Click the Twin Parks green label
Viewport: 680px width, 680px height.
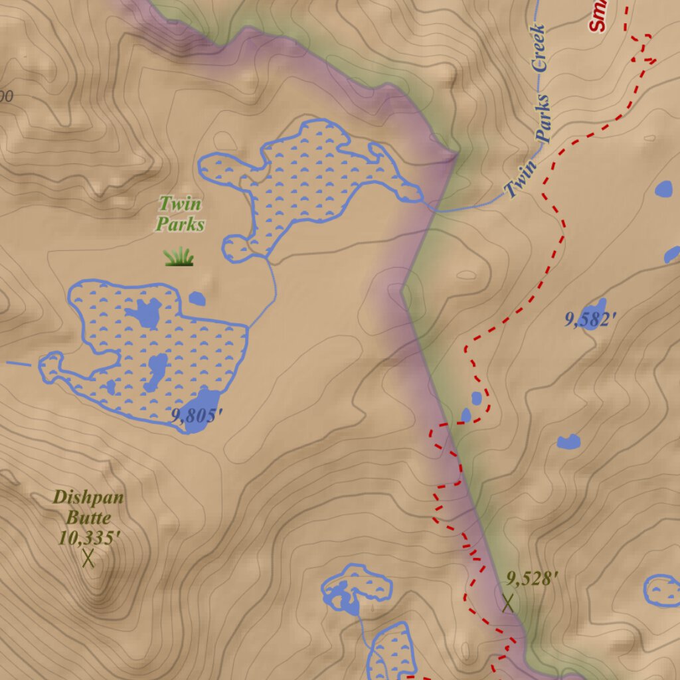point(179,214)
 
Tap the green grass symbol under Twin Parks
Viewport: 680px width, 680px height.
point(179,256)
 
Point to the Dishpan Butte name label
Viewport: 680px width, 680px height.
point(88,507)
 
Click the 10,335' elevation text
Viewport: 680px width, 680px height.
point(88,538)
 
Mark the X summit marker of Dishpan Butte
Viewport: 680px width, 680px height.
point(88,558)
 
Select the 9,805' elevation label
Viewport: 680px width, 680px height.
point(196,416)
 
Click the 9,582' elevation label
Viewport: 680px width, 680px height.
point(590,319)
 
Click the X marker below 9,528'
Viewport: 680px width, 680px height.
point(508,602)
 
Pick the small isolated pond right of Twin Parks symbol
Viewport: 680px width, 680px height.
point(197,299)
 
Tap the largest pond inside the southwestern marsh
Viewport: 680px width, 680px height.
point(145,312)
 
